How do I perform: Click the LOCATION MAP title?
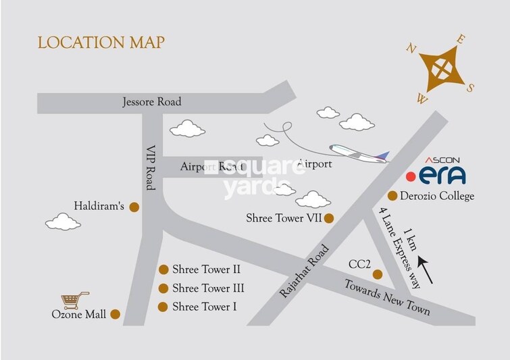click(x=101, y=43)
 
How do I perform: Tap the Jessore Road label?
click(x=152, y=103)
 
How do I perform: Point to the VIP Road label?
click(x=151, y=168)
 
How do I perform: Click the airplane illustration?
click(x=358, y=152)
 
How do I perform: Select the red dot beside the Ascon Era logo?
click(x=410, y=177)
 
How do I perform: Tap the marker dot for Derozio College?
click(x=392, y=197)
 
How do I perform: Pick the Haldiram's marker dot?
click(x=134, y=207)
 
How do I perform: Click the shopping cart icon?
click(x=75, y=300)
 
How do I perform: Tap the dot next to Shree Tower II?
click(x=163, y=269)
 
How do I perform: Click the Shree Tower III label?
click(x=208, y=288)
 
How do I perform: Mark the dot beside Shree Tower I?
click(x=163, y=307)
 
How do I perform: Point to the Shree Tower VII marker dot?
click(x=329, y=218)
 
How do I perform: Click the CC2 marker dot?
click(x=378, y=274)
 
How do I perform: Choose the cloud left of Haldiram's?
click(x=63, y=222)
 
